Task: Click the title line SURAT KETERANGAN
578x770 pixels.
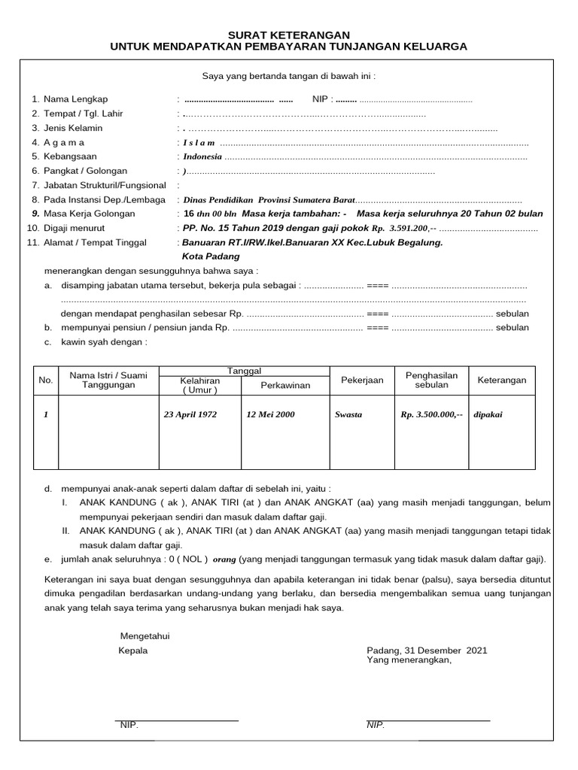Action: click(x=289, y=35)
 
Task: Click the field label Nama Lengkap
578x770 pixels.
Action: click(x=76, y=99)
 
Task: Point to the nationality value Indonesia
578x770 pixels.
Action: click(x=202, y=157)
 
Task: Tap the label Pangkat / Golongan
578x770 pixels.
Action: click(x=85, y=171)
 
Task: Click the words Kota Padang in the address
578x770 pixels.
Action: click(x=209, y=256)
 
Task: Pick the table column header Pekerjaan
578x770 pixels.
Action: click(x=362, y=380)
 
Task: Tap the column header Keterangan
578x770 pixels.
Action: click(x=502, y=380)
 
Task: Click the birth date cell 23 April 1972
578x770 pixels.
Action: click(x=190, y=414)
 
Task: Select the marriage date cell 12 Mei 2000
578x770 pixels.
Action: click(x=270, y=414)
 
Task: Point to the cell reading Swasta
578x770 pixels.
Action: click(x=348, y=415)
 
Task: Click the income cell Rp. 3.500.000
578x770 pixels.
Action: click(x=432, y=414)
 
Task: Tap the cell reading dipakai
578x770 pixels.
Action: click(x=487, y=414)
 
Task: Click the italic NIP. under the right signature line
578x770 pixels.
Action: click(x=376, y=725)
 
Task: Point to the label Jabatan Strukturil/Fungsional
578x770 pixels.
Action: click(x=105, y=186)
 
